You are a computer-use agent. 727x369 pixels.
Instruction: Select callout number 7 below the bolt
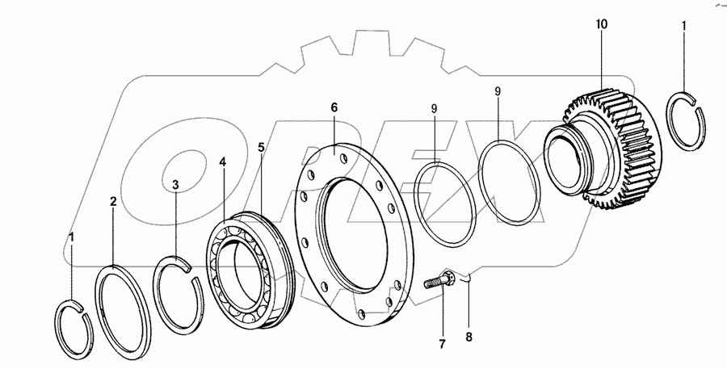(442, 344)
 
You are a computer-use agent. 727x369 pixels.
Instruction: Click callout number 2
(113, 201)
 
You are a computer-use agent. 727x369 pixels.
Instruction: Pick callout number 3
(174, 183)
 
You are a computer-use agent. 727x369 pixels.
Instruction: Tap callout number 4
(222, 162)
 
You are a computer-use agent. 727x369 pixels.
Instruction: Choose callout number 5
(261, 147)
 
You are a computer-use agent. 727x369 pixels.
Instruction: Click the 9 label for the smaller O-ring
(434, 107)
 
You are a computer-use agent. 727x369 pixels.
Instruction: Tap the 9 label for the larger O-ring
(498, 92)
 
